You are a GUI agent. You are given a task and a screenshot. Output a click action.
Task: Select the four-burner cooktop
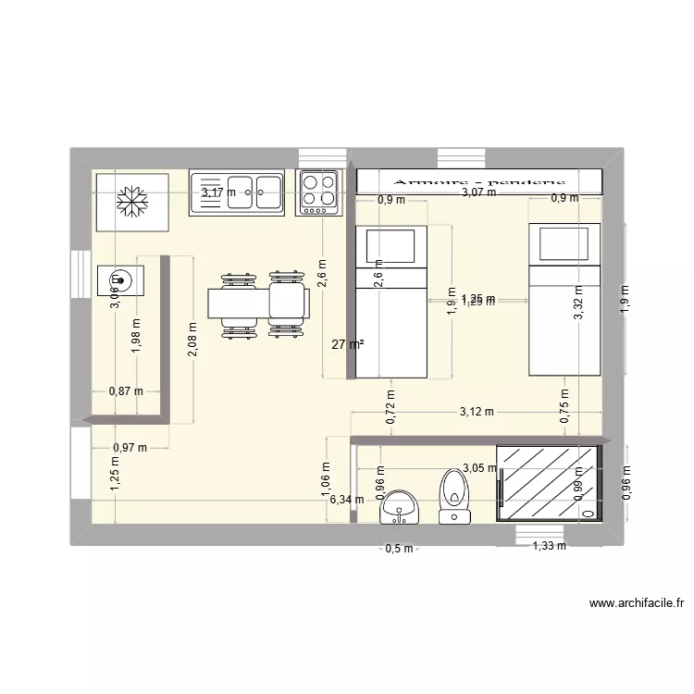coord(317,192)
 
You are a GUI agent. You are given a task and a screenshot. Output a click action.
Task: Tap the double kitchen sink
coord(236,193)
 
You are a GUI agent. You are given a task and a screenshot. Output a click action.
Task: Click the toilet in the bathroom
coord(453,494)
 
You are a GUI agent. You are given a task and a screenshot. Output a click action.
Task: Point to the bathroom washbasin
coord(399,505)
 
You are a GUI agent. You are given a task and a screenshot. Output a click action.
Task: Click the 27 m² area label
coord(348,344)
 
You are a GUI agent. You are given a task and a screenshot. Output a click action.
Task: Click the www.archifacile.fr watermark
coord(637,605)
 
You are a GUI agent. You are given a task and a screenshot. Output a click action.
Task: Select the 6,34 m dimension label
coord(346,500)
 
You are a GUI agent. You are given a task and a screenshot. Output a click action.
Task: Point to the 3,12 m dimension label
coord(476,412)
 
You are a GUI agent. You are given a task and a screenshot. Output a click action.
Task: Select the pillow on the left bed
coord(390,247)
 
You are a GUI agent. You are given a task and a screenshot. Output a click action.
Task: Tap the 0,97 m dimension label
coord(130,449)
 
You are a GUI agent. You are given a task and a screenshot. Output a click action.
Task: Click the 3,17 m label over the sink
coord(219,192)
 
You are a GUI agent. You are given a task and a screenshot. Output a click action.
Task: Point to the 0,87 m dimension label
coord(127,391)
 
